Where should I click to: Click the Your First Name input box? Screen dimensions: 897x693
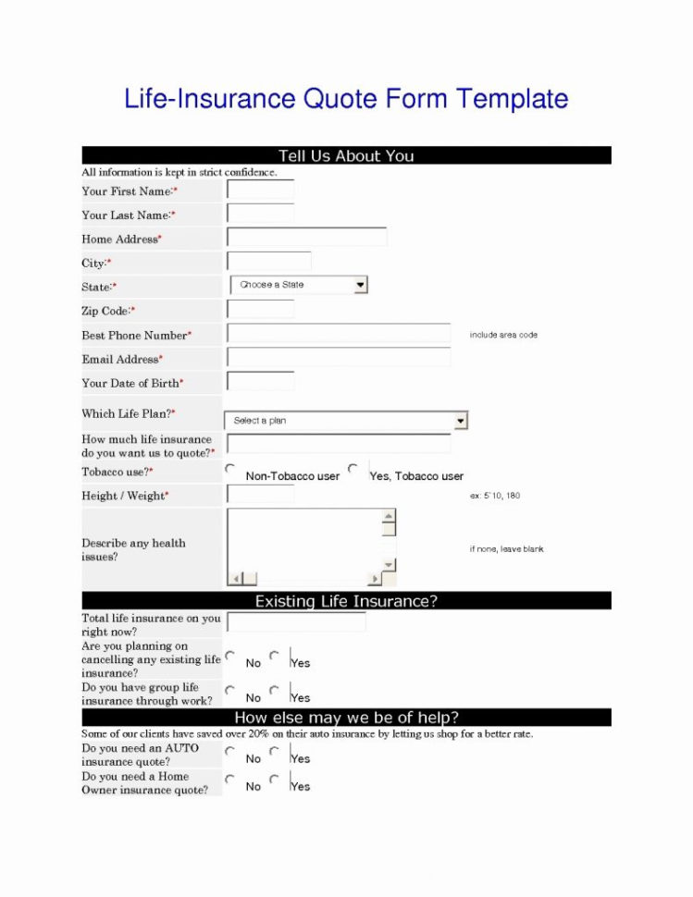point(260,191)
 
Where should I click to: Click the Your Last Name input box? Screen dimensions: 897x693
point(260,215)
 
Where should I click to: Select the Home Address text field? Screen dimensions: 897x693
point(306,238)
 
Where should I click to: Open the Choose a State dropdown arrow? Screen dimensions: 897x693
point(361,285)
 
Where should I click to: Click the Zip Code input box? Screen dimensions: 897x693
point(260,310)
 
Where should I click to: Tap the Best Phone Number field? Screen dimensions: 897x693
point(339,334)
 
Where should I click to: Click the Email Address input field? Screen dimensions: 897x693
point(339,358)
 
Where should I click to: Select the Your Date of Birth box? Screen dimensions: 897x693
point(260,381)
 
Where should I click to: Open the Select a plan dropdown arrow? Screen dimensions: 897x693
point(461,421)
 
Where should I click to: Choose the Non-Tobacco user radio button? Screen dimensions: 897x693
point(230,469)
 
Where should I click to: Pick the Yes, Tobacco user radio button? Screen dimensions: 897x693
point(353,469)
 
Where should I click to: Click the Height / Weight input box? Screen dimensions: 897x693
point(260,495)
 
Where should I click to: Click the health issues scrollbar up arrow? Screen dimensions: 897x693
point(389,516)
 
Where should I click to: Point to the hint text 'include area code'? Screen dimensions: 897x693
point(503,335)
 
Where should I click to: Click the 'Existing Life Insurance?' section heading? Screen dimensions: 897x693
point(346,601)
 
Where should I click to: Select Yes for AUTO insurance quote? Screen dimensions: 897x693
point(274,751)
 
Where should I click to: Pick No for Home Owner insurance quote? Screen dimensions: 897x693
point(230,780)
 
